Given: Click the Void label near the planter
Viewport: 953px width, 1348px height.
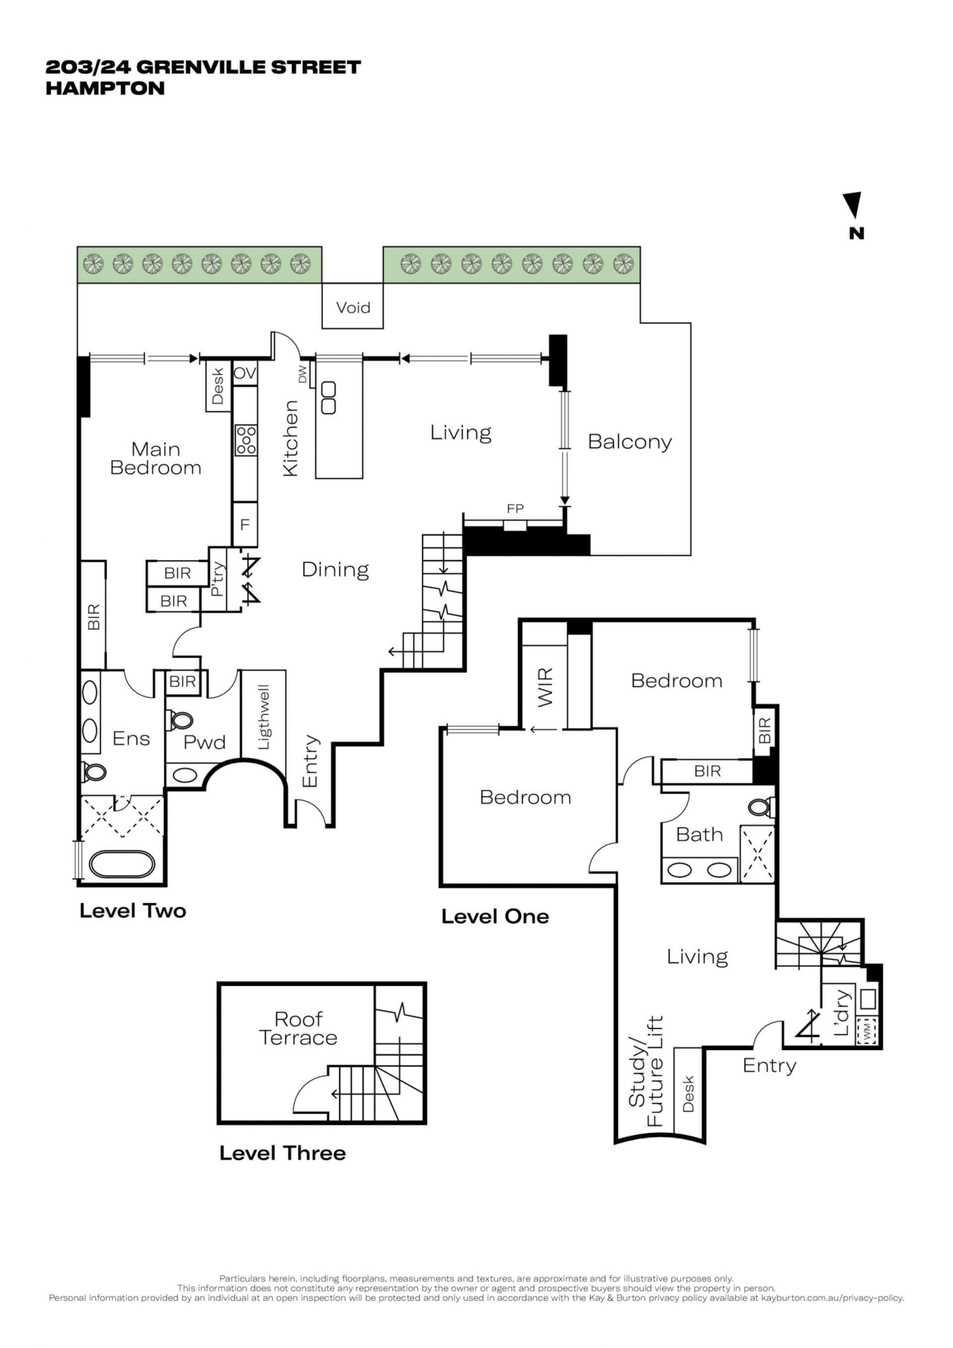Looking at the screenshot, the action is point(353,308).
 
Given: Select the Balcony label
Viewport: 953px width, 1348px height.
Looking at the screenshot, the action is point(630,441).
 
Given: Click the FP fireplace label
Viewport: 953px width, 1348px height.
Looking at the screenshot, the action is point(515,508).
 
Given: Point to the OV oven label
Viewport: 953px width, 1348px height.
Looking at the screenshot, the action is point(245,373).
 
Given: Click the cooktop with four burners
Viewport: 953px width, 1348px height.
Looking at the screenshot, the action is point(246,440).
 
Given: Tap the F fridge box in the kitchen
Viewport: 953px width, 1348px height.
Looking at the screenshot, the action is point(245,524).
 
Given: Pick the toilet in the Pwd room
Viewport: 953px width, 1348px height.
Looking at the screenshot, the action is point(180,720).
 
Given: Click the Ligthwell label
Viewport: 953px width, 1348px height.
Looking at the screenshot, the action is point(264,717).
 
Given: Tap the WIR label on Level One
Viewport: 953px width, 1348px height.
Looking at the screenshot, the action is point(545,687).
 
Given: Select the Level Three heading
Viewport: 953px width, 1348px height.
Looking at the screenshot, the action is point(282,1153).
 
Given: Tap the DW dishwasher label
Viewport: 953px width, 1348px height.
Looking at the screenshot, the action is point(303,374).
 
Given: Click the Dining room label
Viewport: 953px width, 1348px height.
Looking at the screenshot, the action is point(335,569).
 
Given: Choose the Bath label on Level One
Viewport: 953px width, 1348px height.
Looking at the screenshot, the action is point(699,834).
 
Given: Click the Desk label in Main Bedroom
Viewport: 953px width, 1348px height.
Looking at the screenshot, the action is point(218,386).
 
